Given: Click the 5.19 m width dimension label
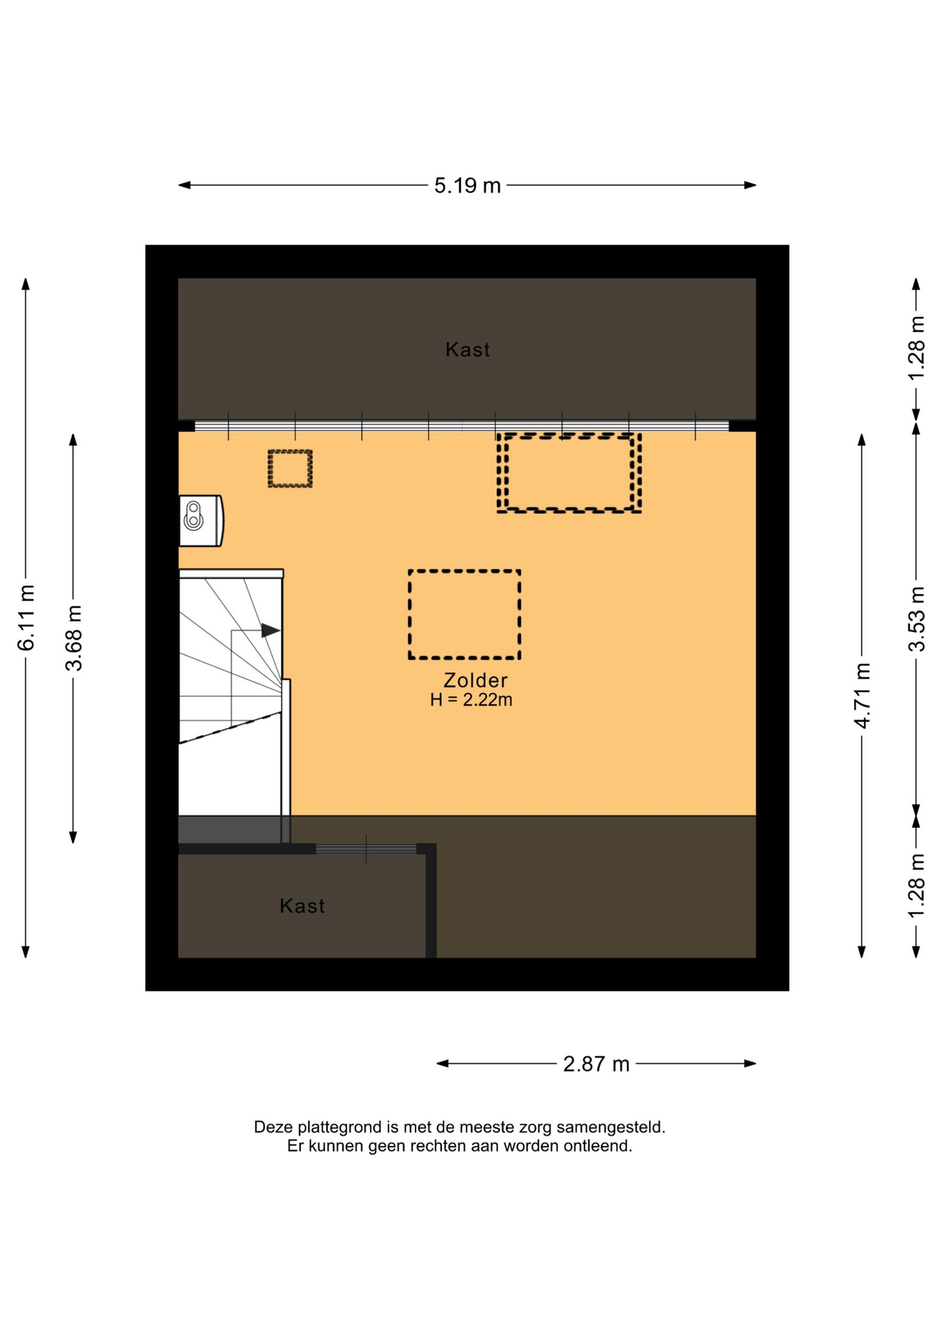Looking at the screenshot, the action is (467, 186).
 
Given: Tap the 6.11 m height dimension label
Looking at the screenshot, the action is (26, 617).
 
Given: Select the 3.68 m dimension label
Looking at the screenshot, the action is (74, 638).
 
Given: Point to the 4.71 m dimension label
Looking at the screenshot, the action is (862, 695).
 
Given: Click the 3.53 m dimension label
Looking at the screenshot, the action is (916, 619).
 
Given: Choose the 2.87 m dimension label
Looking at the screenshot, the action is (596, 1064).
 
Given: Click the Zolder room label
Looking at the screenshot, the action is (475, 680).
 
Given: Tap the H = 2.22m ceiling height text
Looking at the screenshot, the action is (471, 699).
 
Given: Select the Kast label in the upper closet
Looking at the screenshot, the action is (468, 350).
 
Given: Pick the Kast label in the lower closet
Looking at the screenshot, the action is (302, 905).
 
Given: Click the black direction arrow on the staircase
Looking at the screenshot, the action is (271, 631).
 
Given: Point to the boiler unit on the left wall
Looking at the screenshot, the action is (201, 521).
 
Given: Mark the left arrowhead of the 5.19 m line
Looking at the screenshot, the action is (185, 185).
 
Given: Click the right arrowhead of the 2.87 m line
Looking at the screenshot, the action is (750, 1064).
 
